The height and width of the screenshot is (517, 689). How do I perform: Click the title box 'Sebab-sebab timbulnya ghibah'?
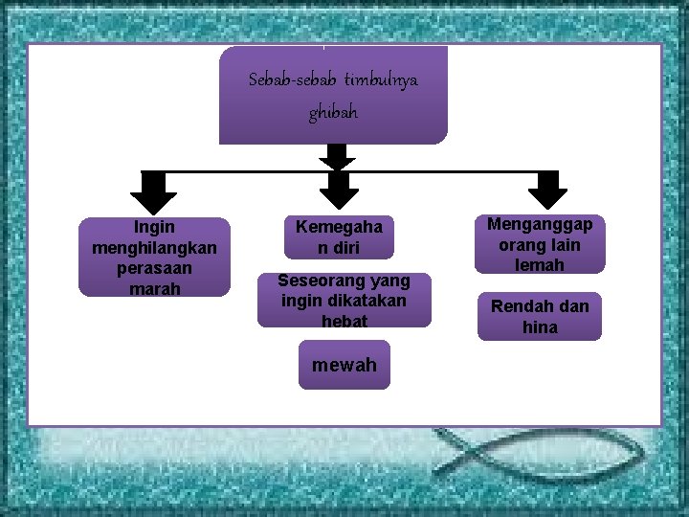[x=333, y=96]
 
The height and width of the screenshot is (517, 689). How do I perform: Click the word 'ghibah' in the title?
[x=333, y=113]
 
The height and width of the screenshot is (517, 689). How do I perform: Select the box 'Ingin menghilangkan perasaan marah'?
[x=154, y=257]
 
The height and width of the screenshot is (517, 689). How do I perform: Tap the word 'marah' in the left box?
[x=154, y=288]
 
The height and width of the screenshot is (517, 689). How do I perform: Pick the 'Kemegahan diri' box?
[x=339, y=237]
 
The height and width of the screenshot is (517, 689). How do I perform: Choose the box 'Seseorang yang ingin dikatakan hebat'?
[x=344, y=301]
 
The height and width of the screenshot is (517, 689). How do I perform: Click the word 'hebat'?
[x=344, y=322]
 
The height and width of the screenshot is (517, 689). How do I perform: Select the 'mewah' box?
[x=344, y=365]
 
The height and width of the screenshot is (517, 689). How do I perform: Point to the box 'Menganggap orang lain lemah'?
[x=540, y=244]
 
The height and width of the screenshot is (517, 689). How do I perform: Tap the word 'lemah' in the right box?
[x=540, y=265]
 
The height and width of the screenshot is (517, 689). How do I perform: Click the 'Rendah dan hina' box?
[x=540, y=316]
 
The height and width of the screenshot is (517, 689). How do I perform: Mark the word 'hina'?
[x=540, y=327]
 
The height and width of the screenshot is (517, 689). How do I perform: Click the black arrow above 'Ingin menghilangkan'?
[x=153, y=192]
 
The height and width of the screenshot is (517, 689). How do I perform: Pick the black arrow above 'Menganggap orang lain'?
[x=548, y=191]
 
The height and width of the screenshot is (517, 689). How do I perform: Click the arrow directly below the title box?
[x=336, y=156]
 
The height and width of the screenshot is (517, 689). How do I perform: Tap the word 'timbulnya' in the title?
[x=381, y=79]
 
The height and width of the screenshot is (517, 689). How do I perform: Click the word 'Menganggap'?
[x=540, y=224]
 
